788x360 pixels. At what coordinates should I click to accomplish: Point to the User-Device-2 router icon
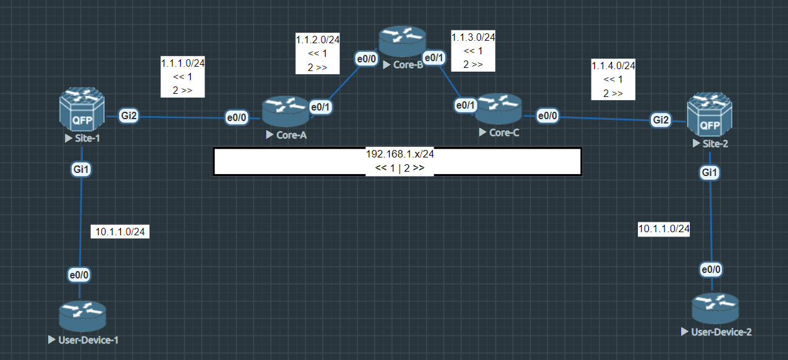pyautogui.click(x=715, y=308)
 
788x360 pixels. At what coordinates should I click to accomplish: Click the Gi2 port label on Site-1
pyautogui.click(x=128, y=115)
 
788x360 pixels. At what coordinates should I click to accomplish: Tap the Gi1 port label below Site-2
pyautogui.click(x=710, y=173)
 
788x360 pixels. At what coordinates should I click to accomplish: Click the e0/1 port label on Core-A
pyautogui.click(x=321, y=106)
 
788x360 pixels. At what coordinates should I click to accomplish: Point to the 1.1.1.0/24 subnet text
pyautogui.click(x=183, y=64)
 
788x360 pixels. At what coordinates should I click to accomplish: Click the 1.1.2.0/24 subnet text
pyautogui.click(x=318, y=40)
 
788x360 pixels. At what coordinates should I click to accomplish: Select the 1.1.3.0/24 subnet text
pyautogui.click(x=473, y=37)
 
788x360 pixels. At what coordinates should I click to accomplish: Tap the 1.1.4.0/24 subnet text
pyautogui.click(x=613, y=65)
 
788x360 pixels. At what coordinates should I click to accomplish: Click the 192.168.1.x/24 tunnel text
pyautogui.click(x=400, y=154)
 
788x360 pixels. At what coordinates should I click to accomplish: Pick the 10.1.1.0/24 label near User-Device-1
pyautogui.click(x=120, y=232)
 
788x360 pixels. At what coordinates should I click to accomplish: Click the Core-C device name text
pyautogui.click(x=503, y=133)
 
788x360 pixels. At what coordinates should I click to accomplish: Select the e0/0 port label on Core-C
pyautogui.click(x=547, y=115)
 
